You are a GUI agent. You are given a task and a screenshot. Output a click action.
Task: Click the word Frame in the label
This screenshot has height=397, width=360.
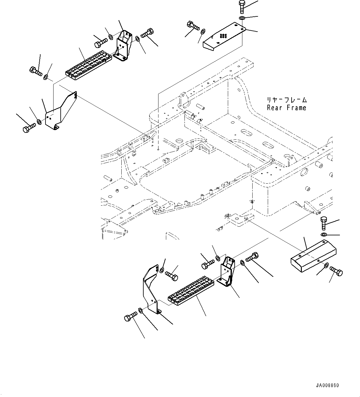297,108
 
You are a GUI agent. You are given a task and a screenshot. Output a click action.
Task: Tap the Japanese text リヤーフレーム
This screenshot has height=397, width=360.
287,100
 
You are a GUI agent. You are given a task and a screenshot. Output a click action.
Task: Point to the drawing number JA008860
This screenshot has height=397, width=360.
327,386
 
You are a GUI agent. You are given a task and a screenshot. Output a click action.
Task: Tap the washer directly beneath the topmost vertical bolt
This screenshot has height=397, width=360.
242,18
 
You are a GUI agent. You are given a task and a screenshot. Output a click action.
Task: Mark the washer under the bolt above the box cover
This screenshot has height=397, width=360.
323,234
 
